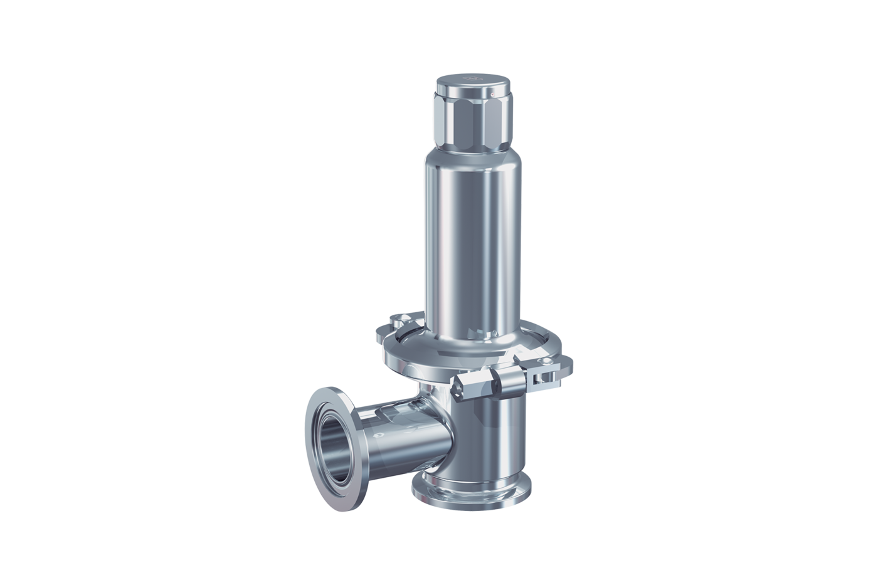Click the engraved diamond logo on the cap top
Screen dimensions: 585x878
(x=472, y=80)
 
